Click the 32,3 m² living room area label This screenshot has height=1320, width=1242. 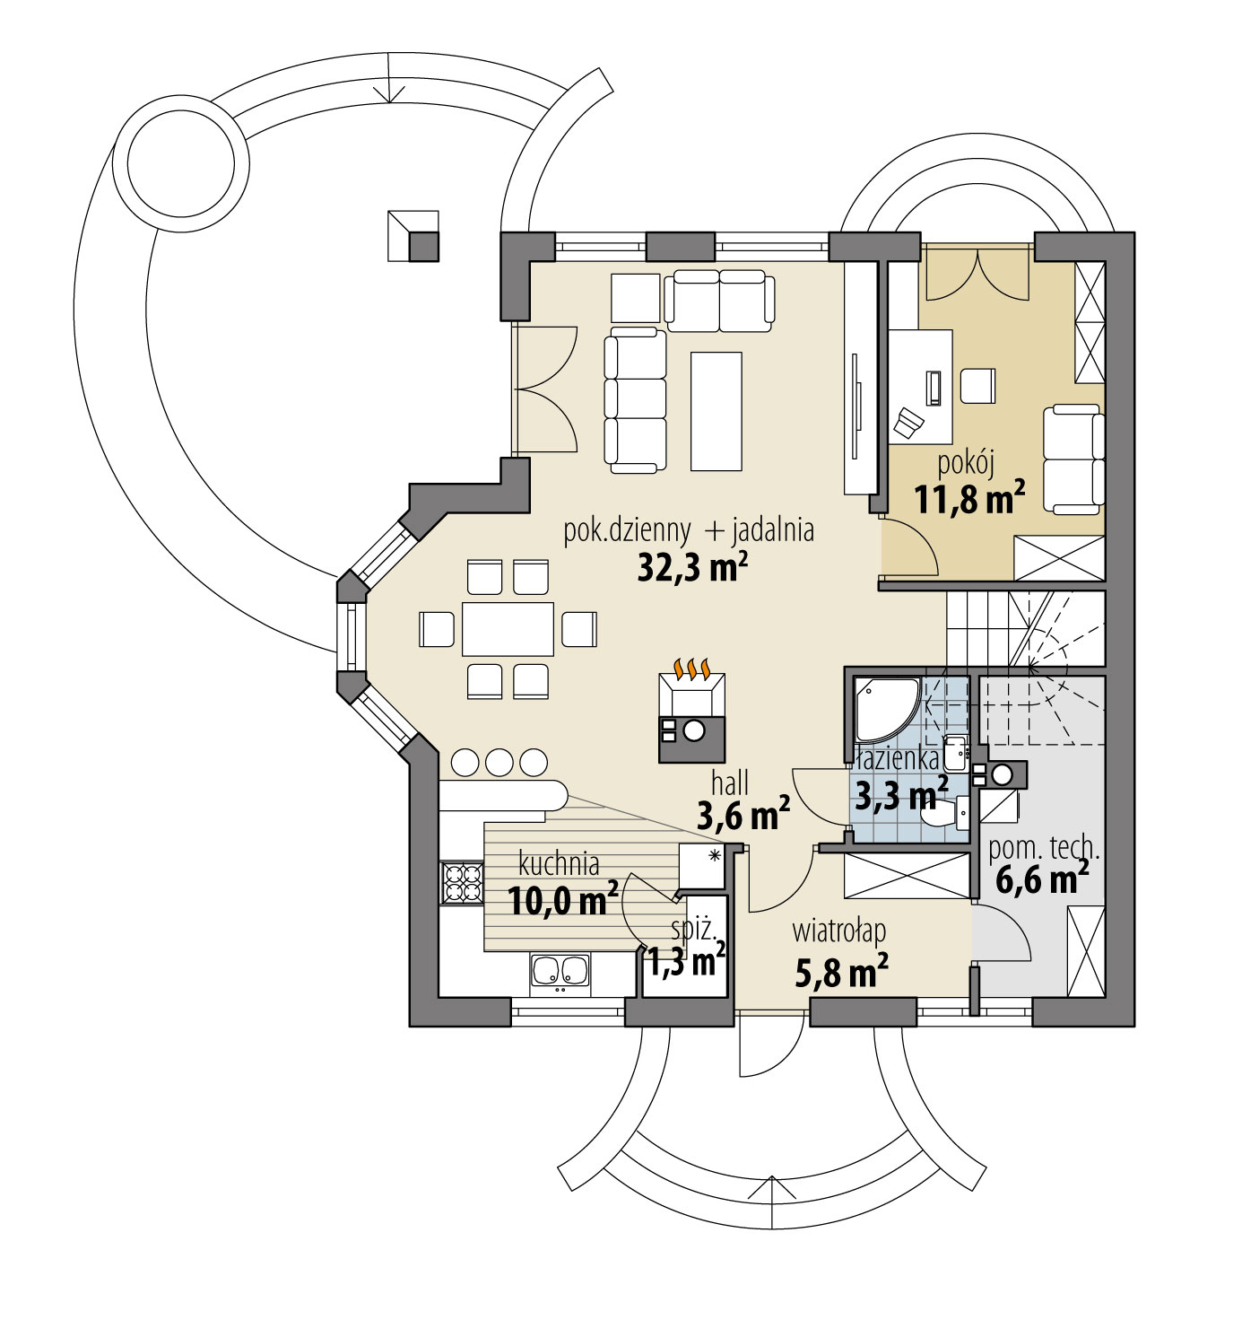coord(692,567)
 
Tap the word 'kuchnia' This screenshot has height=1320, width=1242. coord(559,864)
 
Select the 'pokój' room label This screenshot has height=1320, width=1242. coord(967,463)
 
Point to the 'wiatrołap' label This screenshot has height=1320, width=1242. coord(838,931)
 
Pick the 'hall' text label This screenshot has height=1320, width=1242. coord(730,782)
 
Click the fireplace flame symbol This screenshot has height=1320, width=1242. coord(692,669)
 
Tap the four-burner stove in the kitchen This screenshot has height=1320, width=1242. coord(462,881)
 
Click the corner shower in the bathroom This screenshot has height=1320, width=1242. coord(884,705)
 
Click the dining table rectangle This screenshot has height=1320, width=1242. coord(508,629)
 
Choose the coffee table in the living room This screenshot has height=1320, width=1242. coord(716,411)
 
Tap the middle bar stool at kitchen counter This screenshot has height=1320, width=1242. coord(499,762)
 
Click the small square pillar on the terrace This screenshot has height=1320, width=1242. coord(413,236)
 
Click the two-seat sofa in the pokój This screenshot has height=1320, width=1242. coord(1073,459)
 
